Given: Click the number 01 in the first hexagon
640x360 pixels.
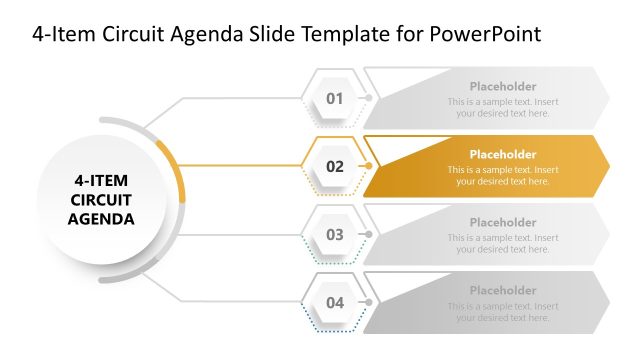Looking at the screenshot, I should pyautogui.click(x=334, y=98).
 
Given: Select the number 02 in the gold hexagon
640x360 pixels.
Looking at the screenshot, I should pyautogui.click(x=334, y=166).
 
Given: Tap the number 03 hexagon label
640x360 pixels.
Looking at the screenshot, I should pyautogui.click(x=334, y=234).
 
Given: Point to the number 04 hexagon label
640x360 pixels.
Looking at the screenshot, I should pyautogui.click(x=334, y=302).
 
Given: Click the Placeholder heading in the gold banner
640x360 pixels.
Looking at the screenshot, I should pyautogui.click(x=503, y=154).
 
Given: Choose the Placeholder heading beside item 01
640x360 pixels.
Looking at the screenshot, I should pyautogui.click(x=503, y=86).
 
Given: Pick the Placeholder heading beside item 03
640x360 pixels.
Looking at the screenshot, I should pyautogui.click(x=503, y=222).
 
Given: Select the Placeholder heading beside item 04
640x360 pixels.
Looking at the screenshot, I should pyautogui.click(x=503, y=290).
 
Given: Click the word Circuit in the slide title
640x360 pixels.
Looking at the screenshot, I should pyautogui.click(x=125, y=34).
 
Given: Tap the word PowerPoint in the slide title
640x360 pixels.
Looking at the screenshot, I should pyautogui.click(x=484, y=34).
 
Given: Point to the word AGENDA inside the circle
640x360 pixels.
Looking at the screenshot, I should pyautogui.click(x=101, y=218).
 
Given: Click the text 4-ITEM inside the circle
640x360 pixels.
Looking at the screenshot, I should pyautogui.click(x=101, y=181).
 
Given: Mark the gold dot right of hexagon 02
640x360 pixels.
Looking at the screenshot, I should pyautogui.click(x=369, y=166).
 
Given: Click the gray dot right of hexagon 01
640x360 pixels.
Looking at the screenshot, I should pyautogui.click(x=369, y=98).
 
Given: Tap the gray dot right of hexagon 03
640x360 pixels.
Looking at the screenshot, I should pyautogui.click(x=369, y=234).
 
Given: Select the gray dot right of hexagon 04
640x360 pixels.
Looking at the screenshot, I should pyautogui.click(x=369, y=302).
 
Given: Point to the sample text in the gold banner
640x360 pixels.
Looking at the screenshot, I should pyautogui.click(x=503, y=176).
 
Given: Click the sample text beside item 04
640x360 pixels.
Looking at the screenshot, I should pyautogui.click(x=503, y=312).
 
